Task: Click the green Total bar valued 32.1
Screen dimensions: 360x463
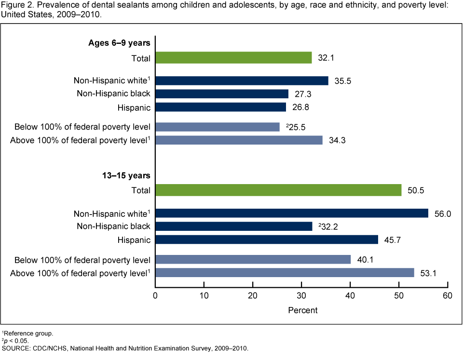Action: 233,58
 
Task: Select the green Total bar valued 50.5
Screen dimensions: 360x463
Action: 278,190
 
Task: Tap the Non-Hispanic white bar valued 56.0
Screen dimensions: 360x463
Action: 291,213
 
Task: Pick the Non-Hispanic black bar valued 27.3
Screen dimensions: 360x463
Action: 222,93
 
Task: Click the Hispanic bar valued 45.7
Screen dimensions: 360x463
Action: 267,240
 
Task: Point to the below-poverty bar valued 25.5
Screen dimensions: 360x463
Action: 218,127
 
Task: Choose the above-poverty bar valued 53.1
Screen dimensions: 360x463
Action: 285,273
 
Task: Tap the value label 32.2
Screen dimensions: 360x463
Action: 327,226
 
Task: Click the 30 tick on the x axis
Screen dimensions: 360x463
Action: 301,295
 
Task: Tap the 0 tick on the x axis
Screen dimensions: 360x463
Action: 156,295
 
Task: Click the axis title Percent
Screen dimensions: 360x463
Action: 302,310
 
